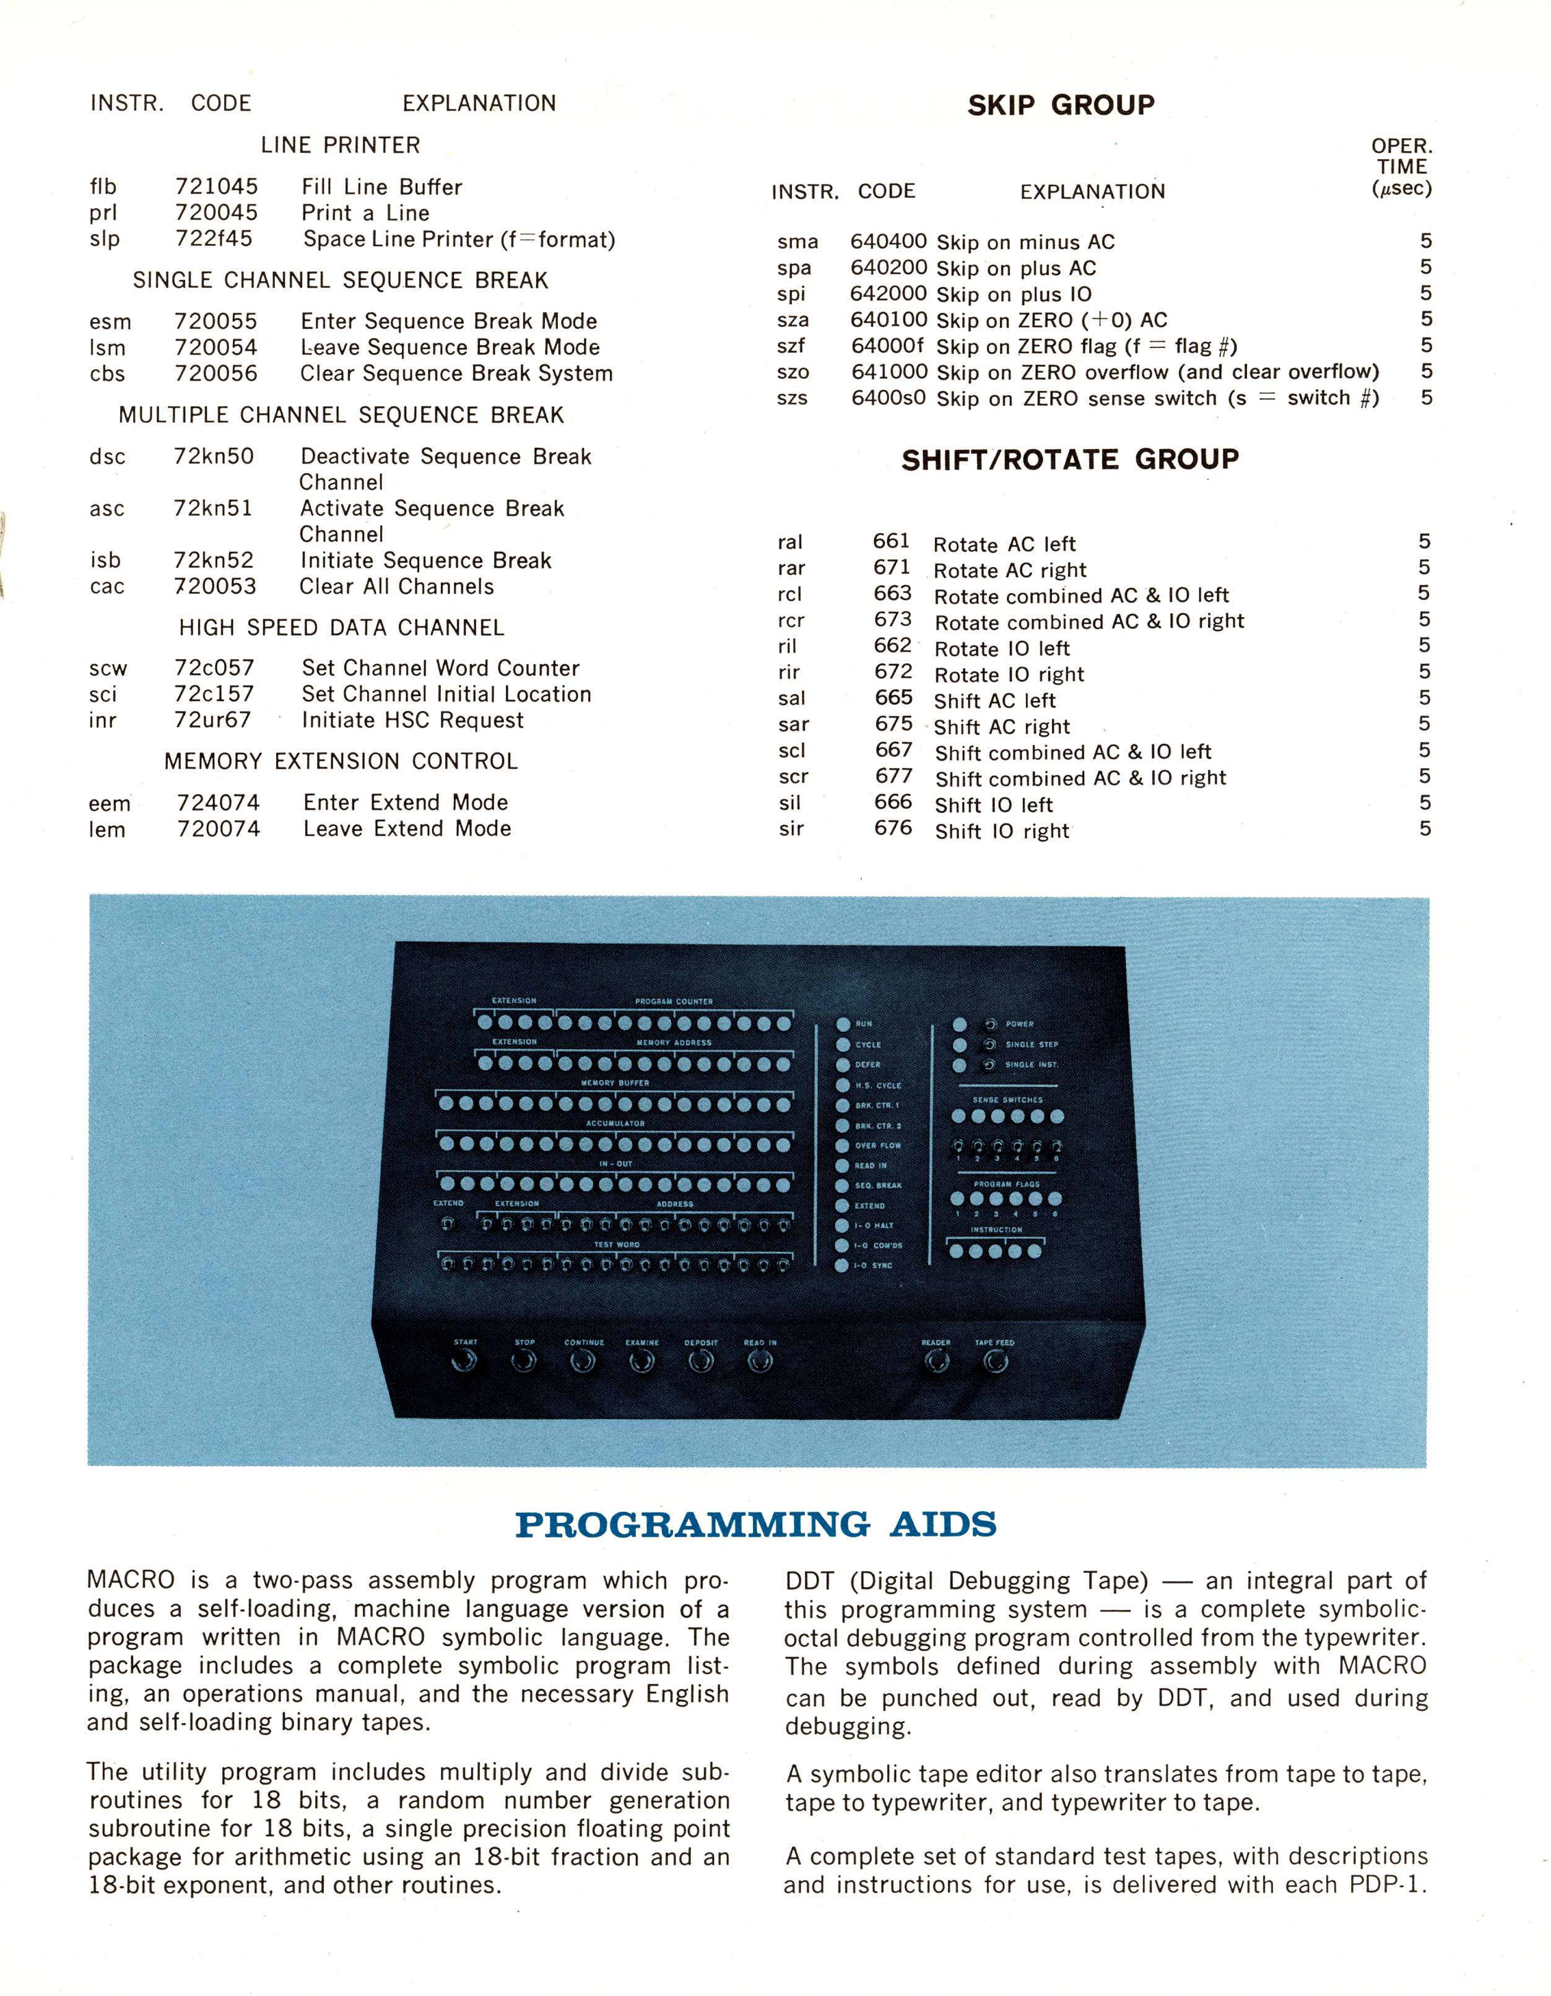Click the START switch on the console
pyautogui.click(x=464, y=1362)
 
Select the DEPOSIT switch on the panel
pyautogui.click(x=700, y=1362)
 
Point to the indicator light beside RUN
pyautogui.click(x=843, y=1024)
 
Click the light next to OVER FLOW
pyautogui.click(x=843, y=1145)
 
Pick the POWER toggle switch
pyautogui.click(x=989, y=1024)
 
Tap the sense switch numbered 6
pyautogui.click(x=1058, y=1146)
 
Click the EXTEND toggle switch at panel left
pyautogui.click(x=447, y=1223)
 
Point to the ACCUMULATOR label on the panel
pyautogui.click(x=615, y=1123)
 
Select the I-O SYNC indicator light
pyautogui.click(x=842, y=1266)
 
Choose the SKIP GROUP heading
pyautogui.click(x=1060, y=105)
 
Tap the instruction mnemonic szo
pyautogui.click(x=793, y=373)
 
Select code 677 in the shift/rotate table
pyautogui.click(x=893, y=776)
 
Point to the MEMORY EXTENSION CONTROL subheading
pyautogui.click(x=341, y=761)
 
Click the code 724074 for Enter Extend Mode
pyautogui.click(x=219, y=803)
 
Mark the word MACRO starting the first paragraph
pyautogui.click(x=131, y=1580)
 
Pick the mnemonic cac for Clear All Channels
pyautogui.click(x=107, y=586)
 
